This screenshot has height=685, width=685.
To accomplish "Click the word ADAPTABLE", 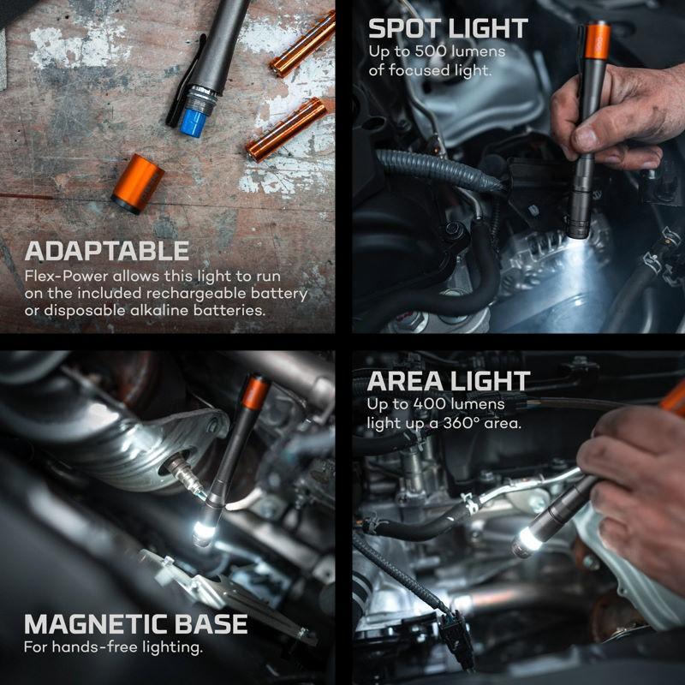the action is pos(106,251).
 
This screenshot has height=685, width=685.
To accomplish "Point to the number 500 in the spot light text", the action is pos(435,51).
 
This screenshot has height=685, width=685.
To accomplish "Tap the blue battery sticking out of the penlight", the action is pos(194,122).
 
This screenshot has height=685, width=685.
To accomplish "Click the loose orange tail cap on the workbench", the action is pos(138,184).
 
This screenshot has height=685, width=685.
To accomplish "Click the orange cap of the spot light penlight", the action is pos(597,40).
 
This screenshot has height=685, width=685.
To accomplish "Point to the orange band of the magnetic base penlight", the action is pos(255,393).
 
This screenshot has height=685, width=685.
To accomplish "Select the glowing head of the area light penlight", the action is pos(529,542).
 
